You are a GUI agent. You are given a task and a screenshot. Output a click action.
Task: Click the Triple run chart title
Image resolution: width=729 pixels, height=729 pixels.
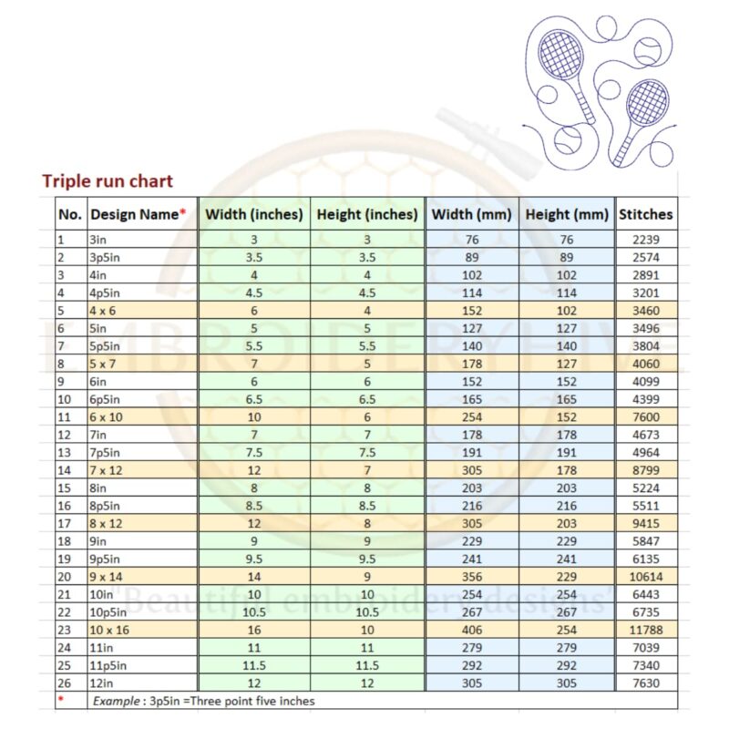point(108,180)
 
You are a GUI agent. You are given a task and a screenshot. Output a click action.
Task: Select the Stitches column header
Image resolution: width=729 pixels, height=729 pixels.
point(645,215)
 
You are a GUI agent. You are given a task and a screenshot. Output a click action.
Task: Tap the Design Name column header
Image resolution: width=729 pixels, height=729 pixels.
point(138,215)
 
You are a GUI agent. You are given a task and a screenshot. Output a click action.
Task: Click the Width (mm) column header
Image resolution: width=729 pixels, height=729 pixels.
point(472,215)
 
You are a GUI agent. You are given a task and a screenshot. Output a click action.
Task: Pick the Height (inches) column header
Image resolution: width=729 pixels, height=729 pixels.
point(367,215)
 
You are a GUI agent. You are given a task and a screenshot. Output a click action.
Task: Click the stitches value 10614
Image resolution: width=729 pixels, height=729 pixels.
point(645,577)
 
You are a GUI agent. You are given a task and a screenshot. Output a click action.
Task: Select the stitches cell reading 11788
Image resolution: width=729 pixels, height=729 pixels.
point(645,628)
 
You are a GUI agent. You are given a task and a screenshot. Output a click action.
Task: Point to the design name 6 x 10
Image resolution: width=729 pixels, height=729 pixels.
point(107,416)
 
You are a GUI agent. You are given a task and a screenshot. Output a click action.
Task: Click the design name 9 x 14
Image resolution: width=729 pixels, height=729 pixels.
point(107,577)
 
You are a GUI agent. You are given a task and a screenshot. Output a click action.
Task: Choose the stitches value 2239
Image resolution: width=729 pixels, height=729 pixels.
point(645,241)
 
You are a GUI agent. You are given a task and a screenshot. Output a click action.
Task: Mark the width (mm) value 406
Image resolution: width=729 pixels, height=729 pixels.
point(472,628)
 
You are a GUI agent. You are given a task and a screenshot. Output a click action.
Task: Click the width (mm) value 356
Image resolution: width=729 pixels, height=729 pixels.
point(472,577)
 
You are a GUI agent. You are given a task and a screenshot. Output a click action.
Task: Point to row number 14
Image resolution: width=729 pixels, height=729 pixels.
point(64,470)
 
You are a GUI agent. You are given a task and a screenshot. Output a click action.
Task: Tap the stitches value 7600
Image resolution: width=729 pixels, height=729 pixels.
point(645,416)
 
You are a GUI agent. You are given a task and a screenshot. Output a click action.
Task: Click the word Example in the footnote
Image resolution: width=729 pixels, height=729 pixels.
point(117,701)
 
